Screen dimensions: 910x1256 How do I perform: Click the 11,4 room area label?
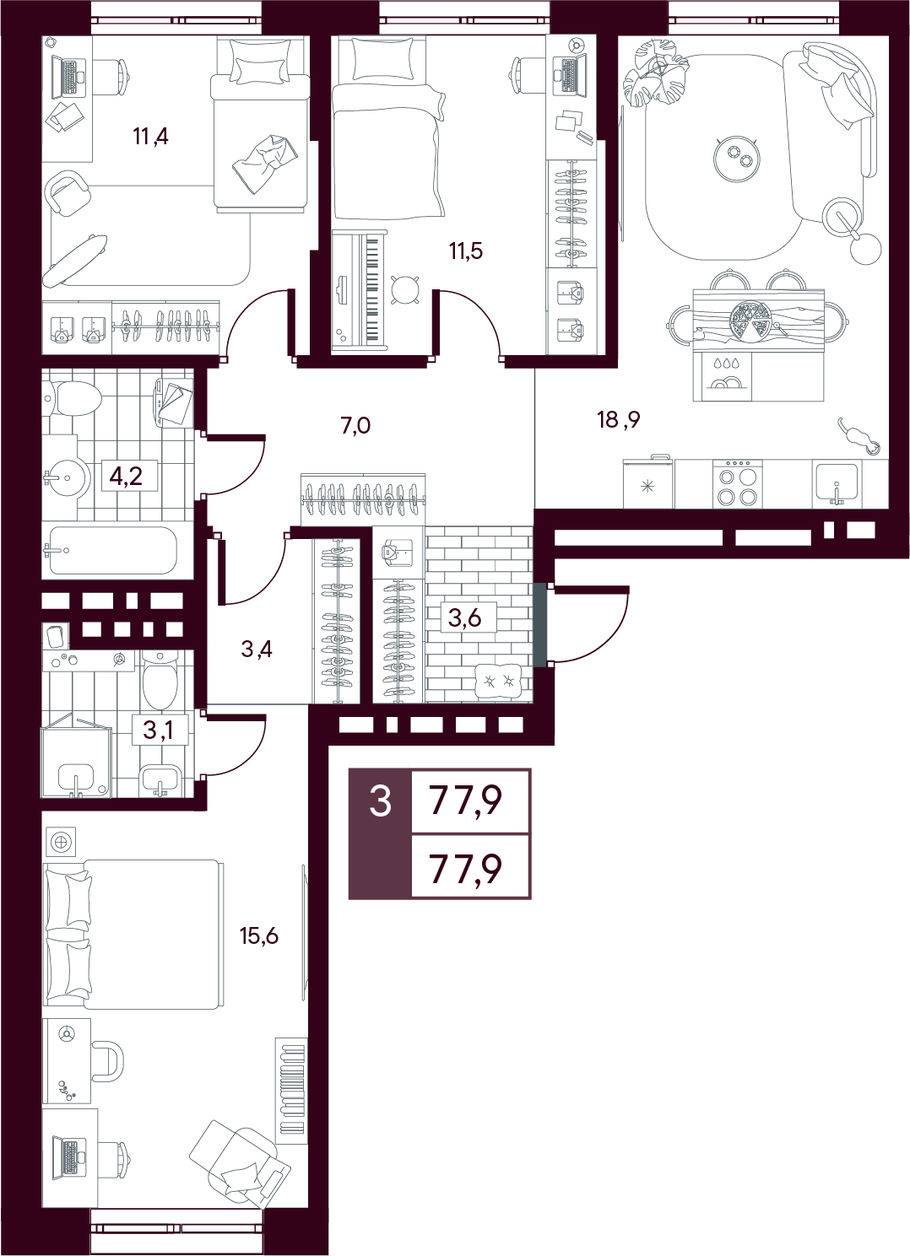click(x=150, y=137)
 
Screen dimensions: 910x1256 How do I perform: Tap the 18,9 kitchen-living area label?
click(x=619, y=419)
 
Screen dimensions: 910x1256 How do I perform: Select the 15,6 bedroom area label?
click(x=259, y=935)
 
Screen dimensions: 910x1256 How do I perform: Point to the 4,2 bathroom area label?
click(x=126, y=477)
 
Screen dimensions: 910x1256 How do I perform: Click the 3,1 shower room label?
click(x=158, y=730)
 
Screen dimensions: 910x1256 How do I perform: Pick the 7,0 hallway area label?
click(x=355, y=426)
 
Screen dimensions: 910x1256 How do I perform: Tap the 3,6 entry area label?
click(x=465, y=617)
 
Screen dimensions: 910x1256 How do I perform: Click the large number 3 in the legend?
click(x=381, y=800)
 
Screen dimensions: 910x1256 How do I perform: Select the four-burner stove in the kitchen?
click(x=738, y=484)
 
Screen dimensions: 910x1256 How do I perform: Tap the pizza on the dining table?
click(x=750, y=321)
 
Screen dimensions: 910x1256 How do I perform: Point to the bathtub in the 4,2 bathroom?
click(x=113, y=550)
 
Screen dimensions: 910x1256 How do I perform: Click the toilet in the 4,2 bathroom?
click(x=72, y=399)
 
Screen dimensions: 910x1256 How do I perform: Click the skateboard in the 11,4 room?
click(x=74, y=259)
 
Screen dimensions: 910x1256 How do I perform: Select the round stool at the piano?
click(x=404, y=289)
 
